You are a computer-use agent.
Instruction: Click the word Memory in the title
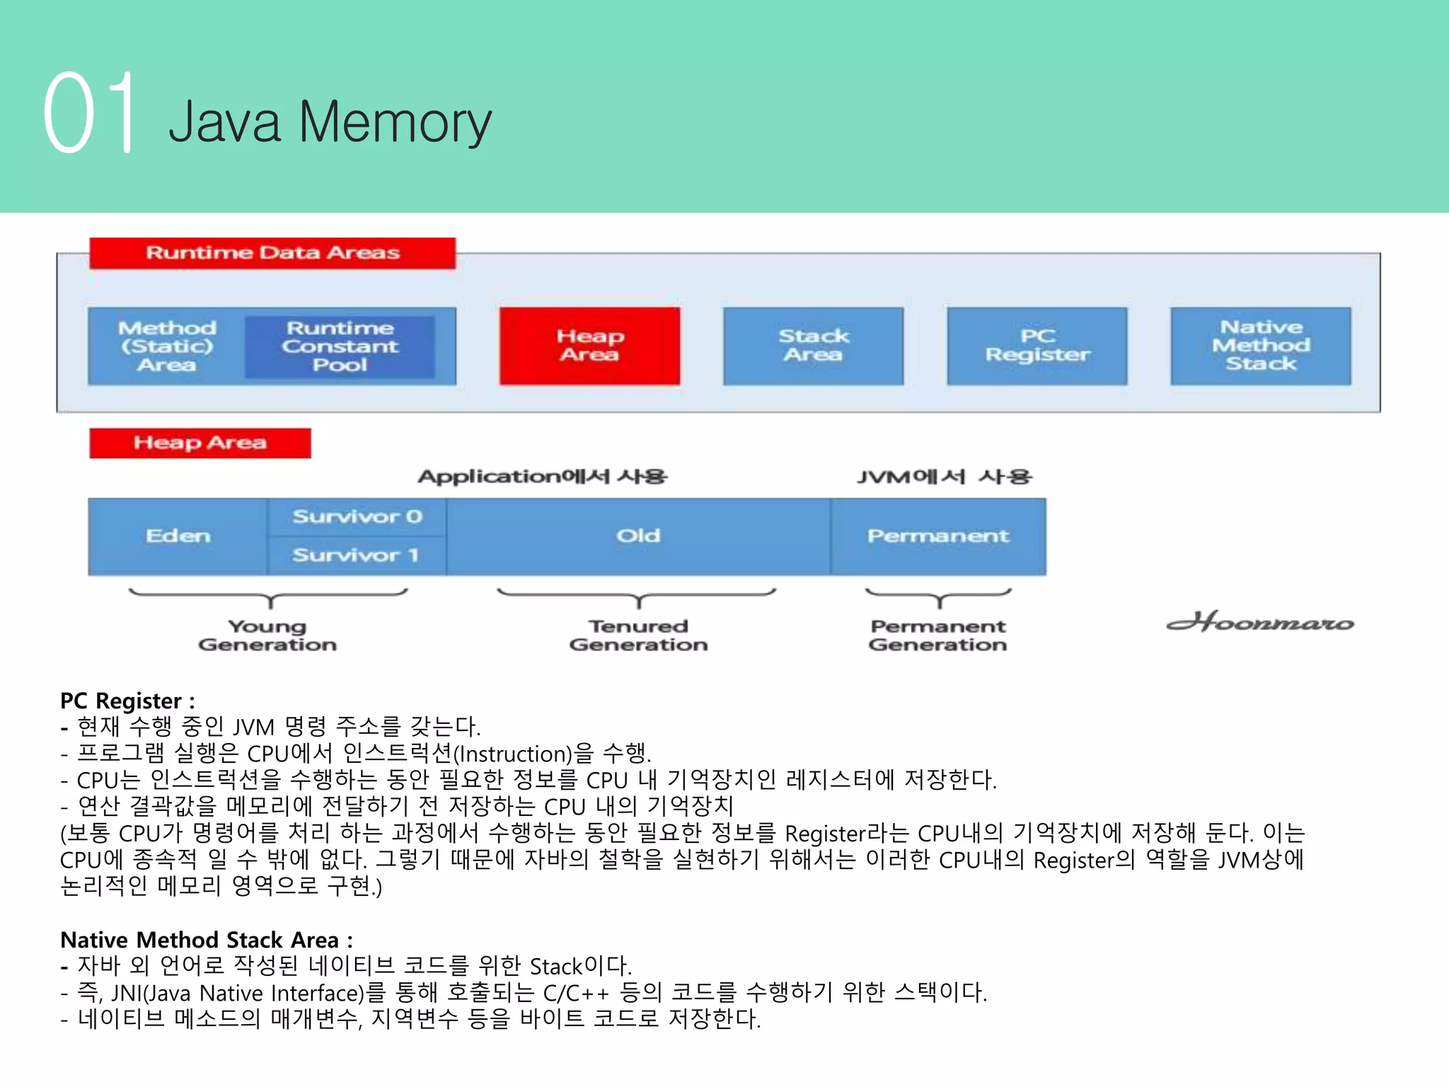(395, 122)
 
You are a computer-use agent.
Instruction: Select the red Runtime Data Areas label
(272, 253)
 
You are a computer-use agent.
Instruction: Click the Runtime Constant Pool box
(340, 346)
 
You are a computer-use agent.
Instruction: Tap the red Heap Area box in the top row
(589, 345)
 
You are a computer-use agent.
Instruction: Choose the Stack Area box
(813, 345)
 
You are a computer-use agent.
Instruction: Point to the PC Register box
(1037, 345)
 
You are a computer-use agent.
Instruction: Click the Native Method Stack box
(1260, 345)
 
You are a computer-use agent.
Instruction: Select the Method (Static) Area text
(167, 346)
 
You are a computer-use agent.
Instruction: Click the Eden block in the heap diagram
(178, 536)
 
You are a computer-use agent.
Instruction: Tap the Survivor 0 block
(357, 517)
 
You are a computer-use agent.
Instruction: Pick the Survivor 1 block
(357, 556)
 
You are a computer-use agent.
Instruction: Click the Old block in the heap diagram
(637, 536)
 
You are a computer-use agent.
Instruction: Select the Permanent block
(937, 536)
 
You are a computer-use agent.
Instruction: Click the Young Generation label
(267, 635)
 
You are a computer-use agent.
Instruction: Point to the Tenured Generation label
(637, 635)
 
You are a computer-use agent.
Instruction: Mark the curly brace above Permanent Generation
(939, 596)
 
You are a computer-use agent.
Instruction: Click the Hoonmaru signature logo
(1259, 622)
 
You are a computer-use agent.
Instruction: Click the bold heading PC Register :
(127, 701)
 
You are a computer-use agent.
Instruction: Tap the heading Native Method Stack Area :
(206, 940)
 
